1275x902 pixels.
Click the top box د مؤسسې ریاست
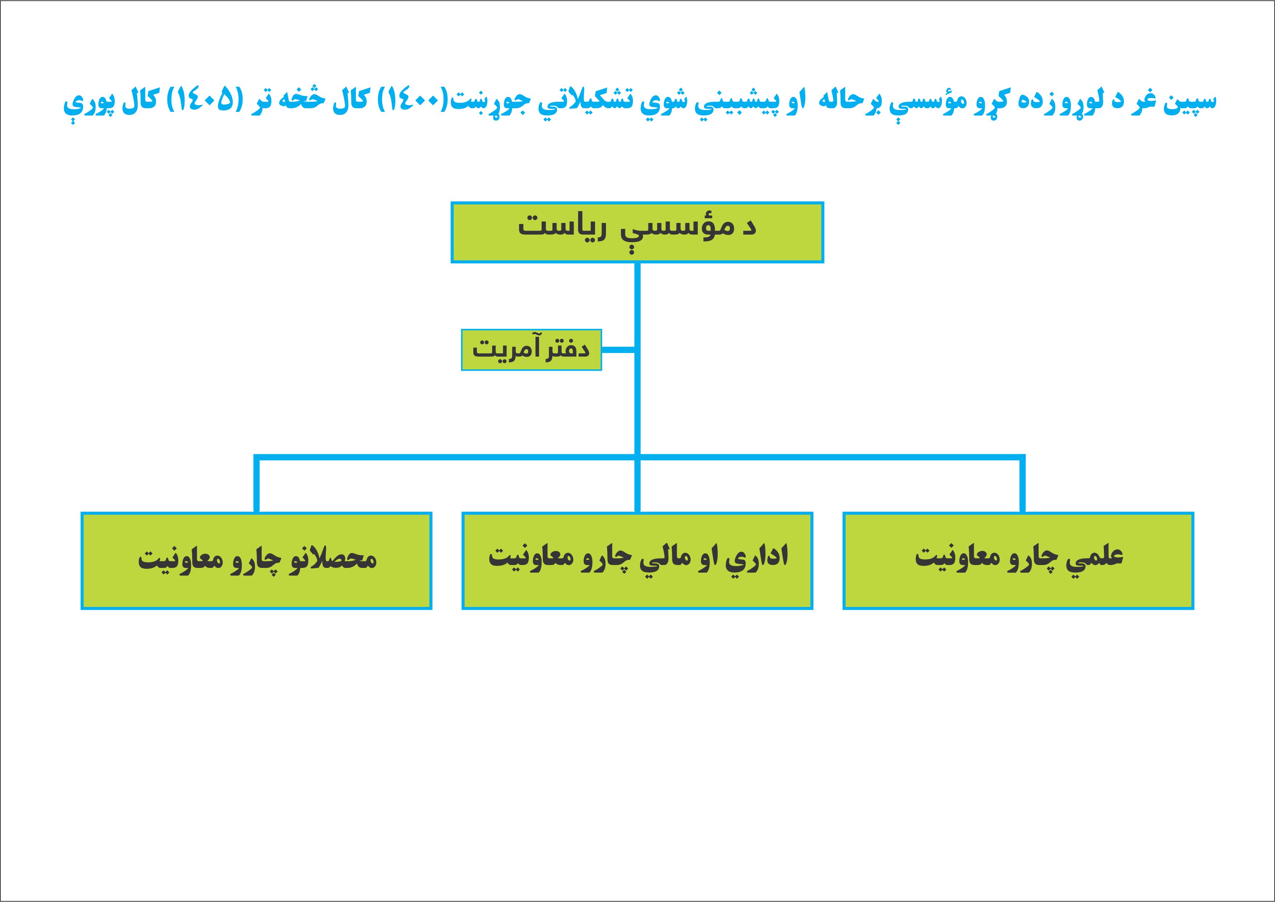(x=637, y=232)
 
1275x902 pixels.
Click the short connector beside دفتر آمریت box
(x=618, y=350)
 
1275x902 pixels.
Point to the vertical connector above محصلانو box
(x=256, y=484)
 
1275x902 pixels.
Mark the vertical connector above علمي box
(x=1022, y=484)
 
